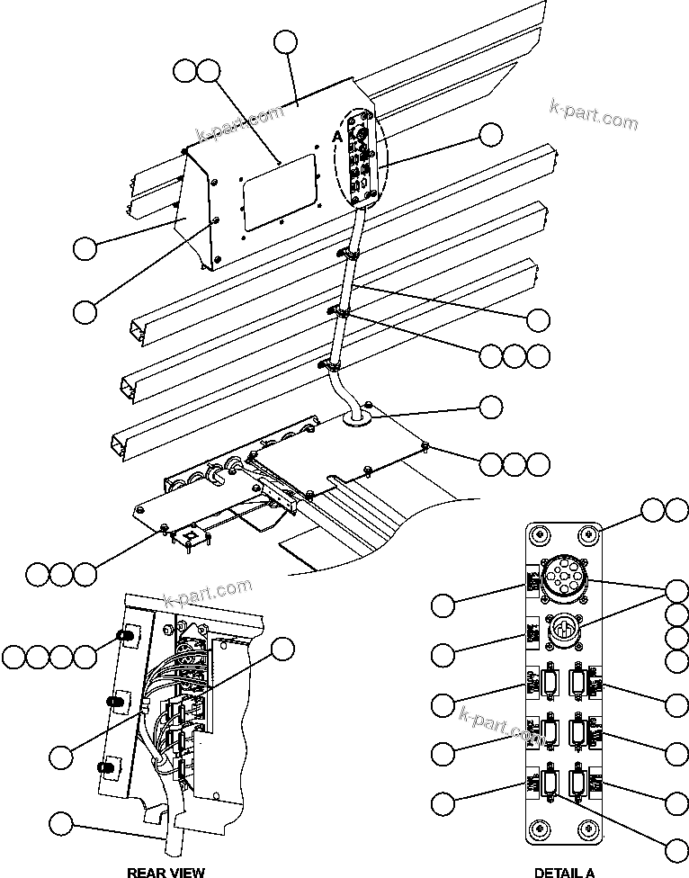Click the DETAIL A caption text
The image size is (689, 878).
point(564,872)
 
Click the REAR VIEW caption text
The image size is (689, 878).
point(166,872)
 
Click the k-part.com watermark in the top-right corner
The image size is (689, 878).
point(595,115)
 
